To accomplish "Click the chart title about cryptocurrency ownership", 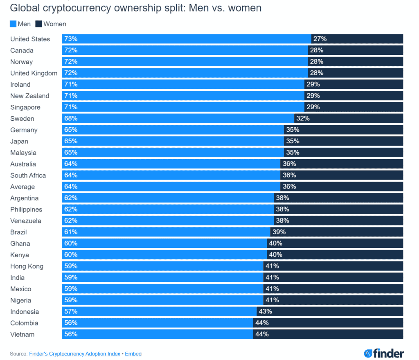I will (135, 8).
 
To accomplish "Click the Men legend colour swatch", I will (13, 24).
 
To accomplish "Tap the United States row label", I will (30, 39).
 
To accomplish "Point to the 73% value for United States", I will (70, 39).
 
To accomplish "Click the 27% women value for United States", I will (320, 39).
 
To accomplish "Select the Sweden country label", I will (22, 119).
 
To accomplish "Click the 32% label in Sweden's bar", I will (303, 119).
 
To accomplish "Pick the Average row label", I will (23, 187).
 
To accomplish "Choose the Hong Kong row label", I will (27, 266).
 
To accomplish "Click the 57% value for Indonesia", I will (70, 311).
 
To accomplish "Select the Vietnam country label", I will (23, 334).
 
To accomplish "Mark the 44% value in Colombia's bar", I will (262, 323).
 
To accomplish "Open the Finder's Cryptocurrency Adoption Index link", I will (74, 353).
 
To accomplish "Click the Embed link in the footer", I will (133, 353).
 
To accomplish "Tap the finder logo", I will (383, 353).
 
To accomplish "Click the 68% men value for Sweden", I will (70, 119).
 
